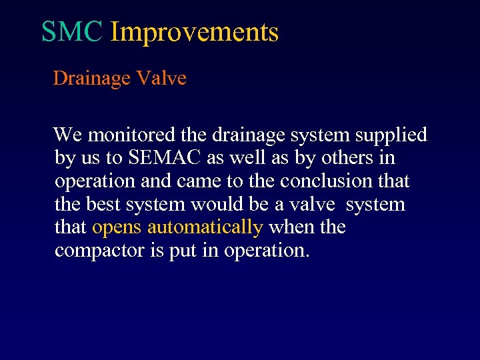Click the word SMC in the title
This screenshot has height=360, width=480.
[x=71, y=31]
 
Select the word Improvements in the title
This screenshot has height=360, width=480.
[x=194, y=31]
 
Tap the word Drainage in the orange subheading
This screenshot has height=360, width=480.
[x=91, y=79]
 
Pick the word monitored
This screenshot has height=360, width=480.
[x=132, y=135]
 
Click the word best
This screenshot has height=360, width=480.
[x=99, y=204]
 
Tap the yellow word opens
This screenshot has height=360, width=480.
[x=117, y=228]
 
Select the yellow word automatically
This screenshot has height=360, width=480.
[x=205, y=228]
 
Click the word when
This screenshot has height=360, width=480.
[x=291, y=227]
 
